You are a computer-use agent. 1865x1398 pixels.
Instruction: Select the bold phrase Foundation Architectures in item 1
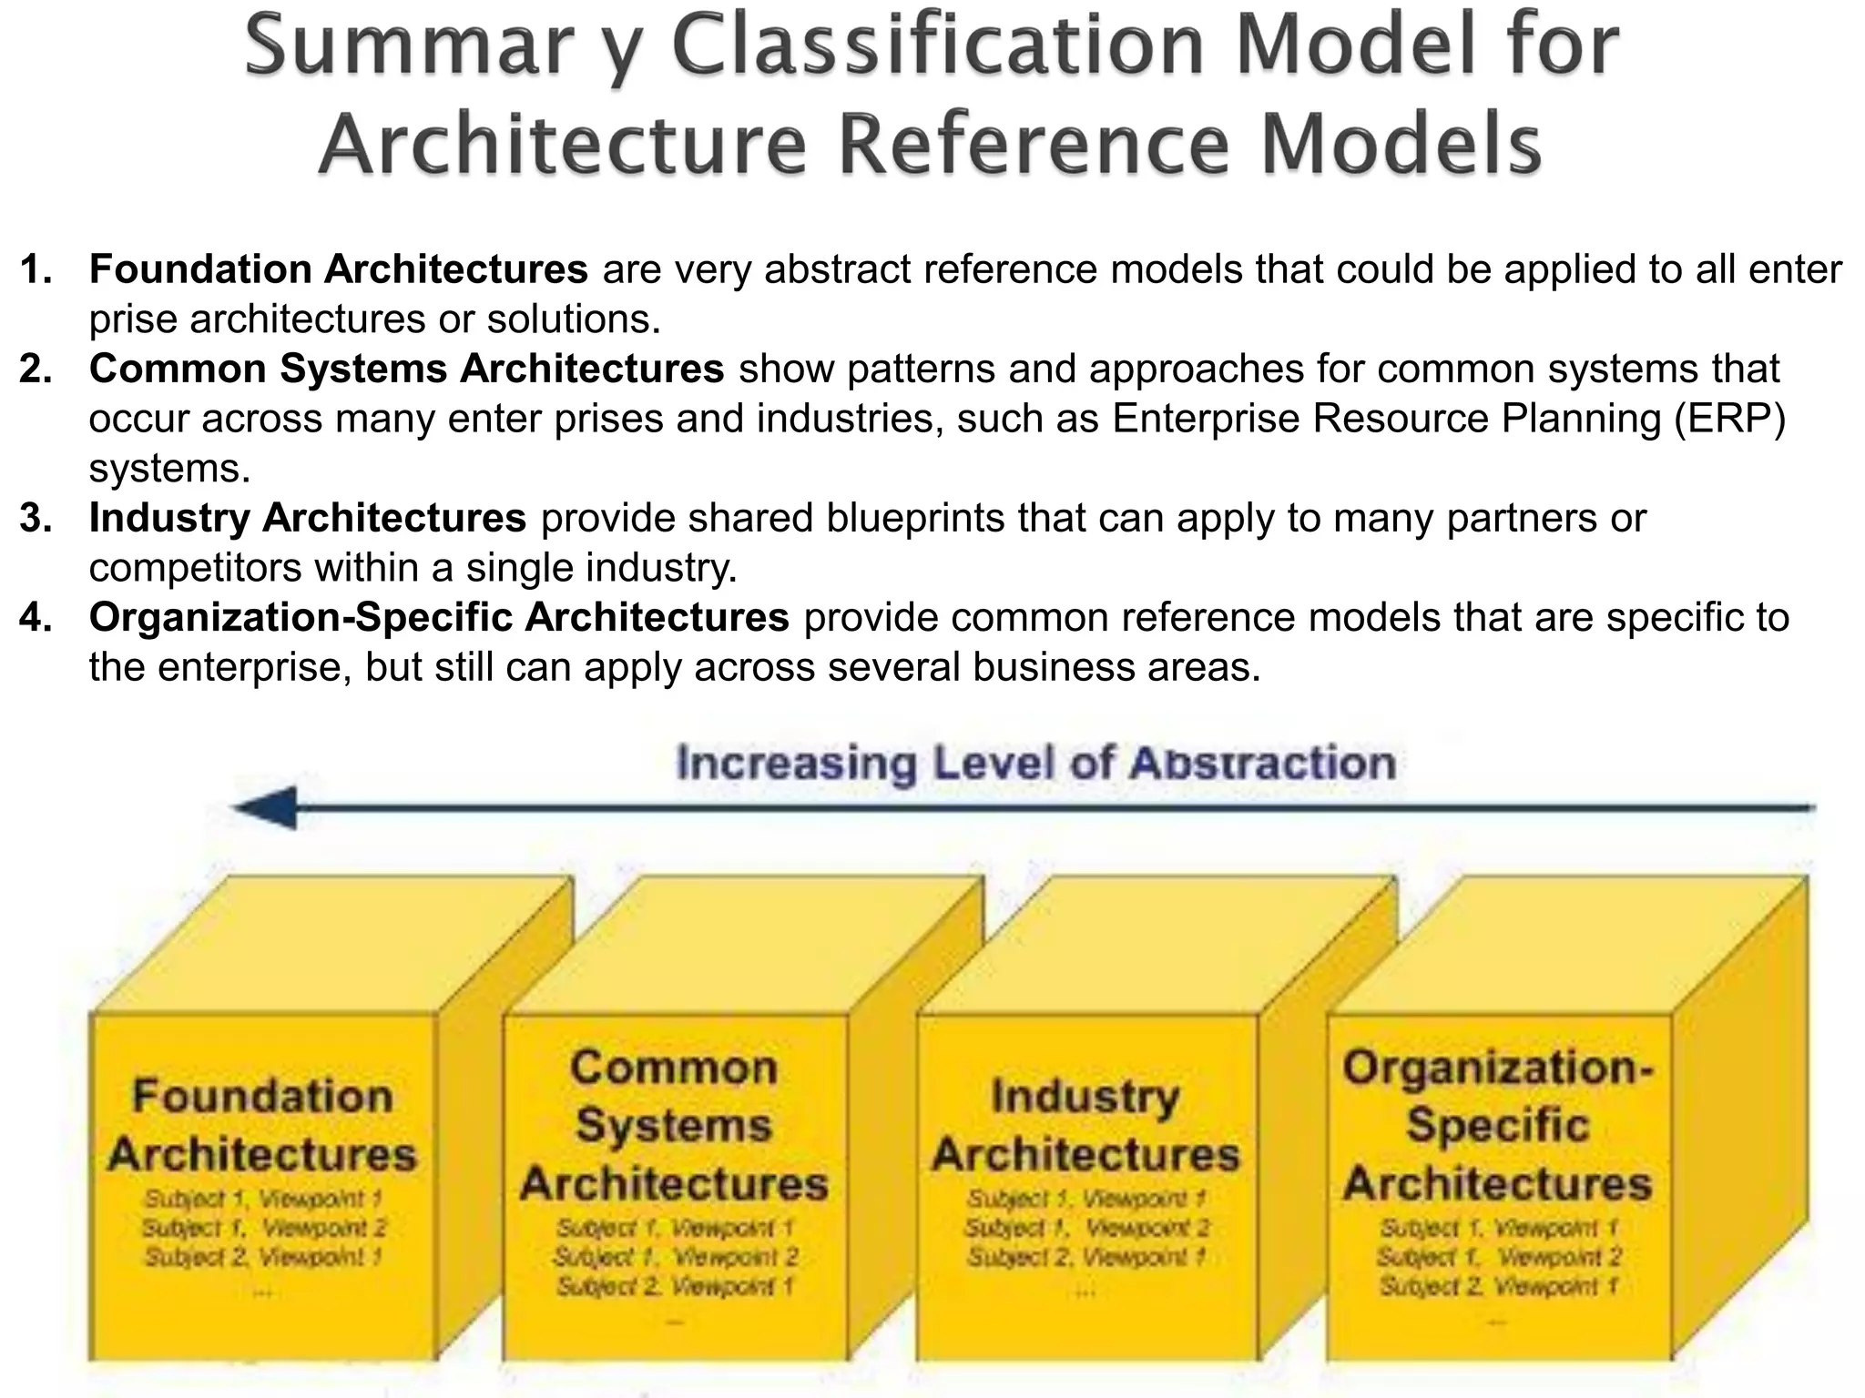click(x=338, y=269)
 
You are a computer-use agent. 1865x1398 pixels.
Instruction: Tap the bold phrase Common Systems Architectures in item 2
click(x=406, y=369)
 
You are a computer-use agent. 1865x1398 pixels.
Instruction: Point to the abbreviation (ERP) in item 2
click(x=1729, y=419)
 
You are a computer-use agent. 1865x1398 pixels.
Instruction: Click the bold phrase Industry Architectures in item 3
click(x=307, y=518)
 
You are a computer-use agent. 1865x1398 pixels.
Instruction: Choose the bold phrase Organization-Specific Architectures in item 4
click(x=438, y=617)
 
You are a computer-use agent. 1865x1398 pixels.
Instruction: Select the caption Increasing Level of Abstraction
click(x=1035, y=763)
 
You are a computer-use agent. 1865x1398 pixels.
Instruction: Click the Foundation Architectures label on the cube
click(x=262, y=1125)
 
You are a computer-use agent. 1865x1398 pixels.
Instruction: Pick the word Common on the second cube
click(x=674, y=1068)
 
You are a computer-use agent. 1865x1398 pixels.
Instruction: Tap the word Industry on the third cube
click(x=1085, y=1097)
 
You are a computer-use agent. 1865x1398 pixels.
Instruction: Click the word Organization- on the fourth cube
click(x=1497, y=1068)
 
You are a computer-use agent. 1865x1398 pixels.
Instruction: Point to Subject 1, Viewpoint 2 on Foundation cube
click(x=264, y=1228)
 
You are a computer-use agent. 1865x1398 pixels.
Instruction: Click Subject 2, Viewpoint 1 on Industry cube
click(x=1086, y=1257)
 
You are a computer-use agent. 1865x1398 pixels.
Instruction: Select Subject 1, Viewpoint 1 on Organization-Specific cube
click(x=1498, y=1228)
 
